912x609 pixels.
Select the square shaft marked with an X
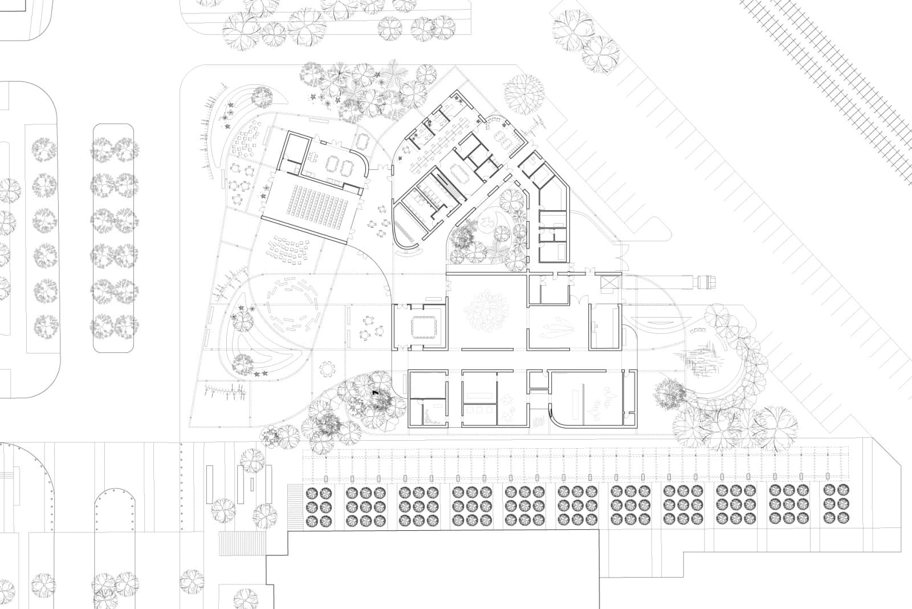608,283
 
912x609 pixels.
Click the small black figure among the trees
374,392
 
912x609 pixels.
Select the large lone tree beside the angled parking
524,93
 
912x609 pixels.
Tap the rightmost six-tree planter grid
836,504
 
